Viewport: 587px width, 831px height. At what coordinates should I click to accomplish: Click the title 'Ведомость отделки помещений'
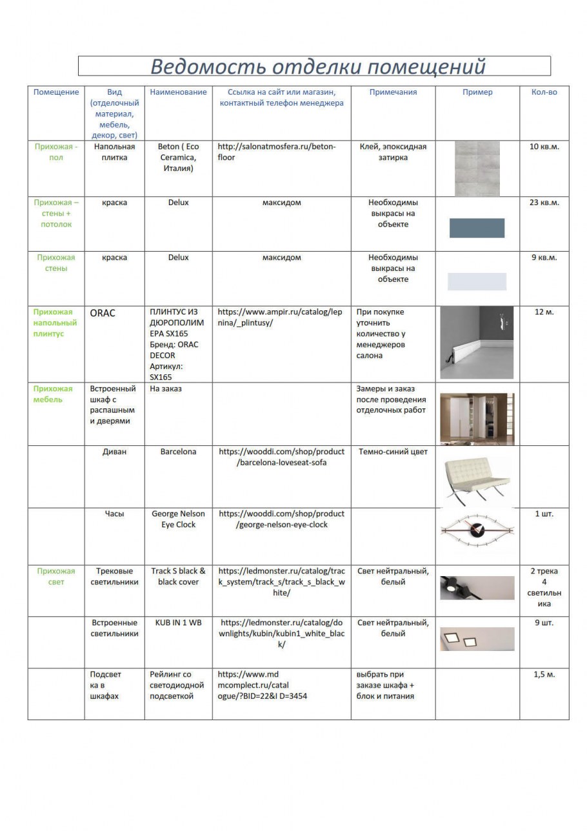click(x=317, y=66)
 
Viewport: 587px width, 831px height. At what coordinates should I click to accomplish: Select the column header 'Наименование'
click(x=178, y=92)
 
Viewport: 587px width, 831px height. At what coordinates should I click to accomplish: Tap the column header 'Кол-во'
click(x=544, y=92)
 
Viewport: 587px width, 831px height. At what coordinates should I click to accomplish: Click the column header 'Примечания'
click(x=393, y=92)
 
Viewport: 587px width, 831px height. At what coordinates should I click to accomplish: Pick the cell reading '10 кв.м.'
click(x=544, y=147)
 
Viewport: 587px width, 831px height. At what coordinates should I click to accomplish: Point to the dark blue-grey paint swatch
click(x=477, y=228)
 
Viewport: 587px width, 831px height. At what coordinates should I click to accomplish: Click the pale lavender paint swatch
click(x=477, y=281)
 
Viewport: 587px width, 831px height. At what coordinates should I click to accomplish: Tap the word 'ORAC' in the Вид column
click(x=103, y=314)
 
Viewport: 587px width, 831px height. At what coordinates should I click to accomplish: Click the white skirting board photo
click(x=477, y=342)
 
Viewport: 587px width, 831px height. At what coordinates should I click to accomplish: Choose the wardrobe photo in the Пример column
click(x=477, y=418)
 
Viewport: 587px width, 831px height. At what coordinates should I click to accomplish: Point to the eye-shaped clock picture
click(x=477, y=530)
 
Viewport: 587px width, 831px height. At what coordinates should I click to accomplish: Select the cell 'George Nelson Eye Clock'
click(x=178, y=519)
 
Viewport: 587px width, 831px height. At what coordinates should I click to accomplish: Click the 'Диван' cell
click(x=114, y=452)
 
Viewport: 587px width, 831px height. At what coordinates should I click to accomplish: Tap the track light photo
click(x=477, y=587)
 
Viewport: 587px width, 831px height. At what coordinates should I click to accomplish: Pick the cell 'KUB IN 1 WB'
click(x=178, y=623)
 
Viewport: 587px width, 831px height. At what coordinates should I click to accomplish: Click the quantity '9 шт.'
click(x=544, y=623)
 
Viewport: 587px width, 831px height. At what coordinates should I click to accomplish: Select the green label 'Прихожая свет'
click(x=56, y=577)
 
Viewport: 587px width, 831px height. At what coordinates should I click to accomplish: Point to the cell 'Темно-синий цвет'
click(x=393, y=452)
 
